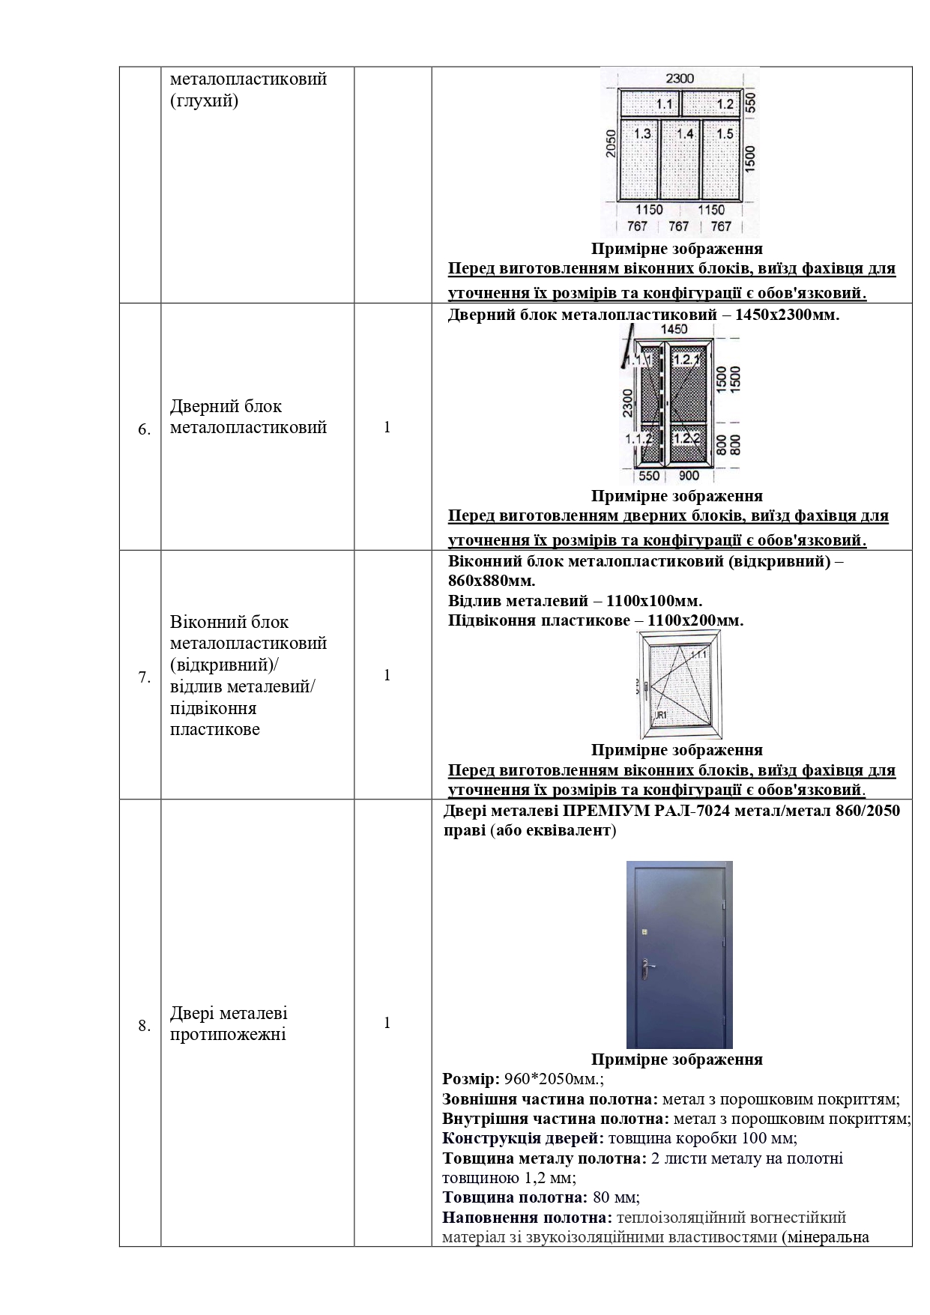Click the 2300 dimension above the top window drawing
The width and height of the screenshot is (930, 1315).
(x=680, y=78)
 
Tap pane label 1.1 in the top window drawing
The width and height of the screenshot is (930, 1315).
(x=665, y=104)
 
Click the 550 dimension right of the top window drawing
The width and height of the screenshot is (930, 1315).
(x=751, y=103)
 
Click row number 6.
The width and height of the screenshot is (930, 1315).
(x=144, y=430)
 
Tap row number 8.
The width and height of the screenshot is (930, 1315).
(x=144, y=1026)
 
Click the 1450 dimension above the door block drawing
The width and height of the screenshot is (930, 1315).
(x=674, y=329)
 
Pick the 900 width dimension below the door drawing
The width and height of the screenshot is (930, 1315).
(x=688, y=476)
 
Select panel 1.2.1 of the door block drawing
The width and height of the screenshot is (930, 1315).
(x=686, y=360)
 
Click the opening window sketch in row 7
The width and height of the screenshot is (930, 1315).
(x=679, y=685)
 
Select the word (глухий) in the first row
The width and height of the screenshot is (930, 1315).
(x=204, y=100)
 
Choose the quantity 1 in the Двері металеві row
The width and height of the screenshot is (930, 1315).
(x=387, y=1023)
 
